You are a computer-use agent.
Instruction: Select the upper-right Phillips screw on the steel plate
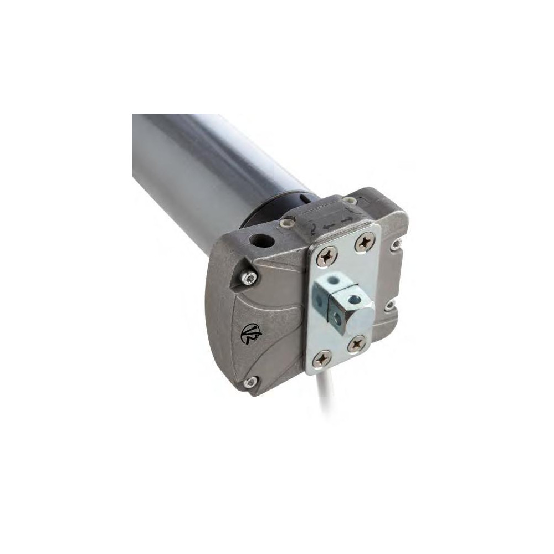365,242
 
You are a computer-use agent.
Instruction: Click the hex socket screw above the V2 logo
250,277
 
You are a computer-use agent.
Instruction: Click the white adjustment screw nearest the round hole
286,223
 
